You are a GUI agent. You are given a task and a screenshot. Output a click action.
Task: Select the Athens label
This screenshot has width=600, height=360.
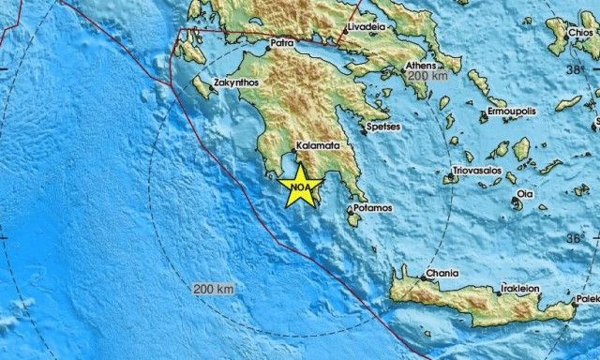pos(421,66)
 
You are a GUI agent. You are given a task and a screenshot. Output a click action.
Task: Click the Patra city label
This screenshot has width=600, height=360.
pos(281,43)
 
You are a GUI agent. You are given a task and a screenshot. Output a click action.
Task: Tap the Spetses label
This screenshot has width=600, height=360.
pos(382,126)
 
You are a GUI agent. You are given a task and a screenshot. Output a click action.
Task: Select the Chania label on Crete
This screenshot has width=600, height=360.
pos(442,274)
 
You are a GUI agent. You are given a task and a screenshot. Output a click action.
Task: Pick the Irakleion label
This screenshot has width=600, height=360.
pos(520,289)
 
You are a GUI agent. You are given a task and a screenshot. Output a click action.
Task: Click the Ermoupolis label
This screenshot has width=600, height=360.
pos(512,112)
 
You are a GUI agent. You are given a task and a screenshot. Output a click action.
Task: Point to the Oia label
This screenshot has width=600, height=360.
pos(526,195)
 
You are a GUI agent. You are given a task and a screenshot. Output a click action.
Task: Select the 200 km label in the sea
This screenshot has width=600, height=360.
pos(213,289)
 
